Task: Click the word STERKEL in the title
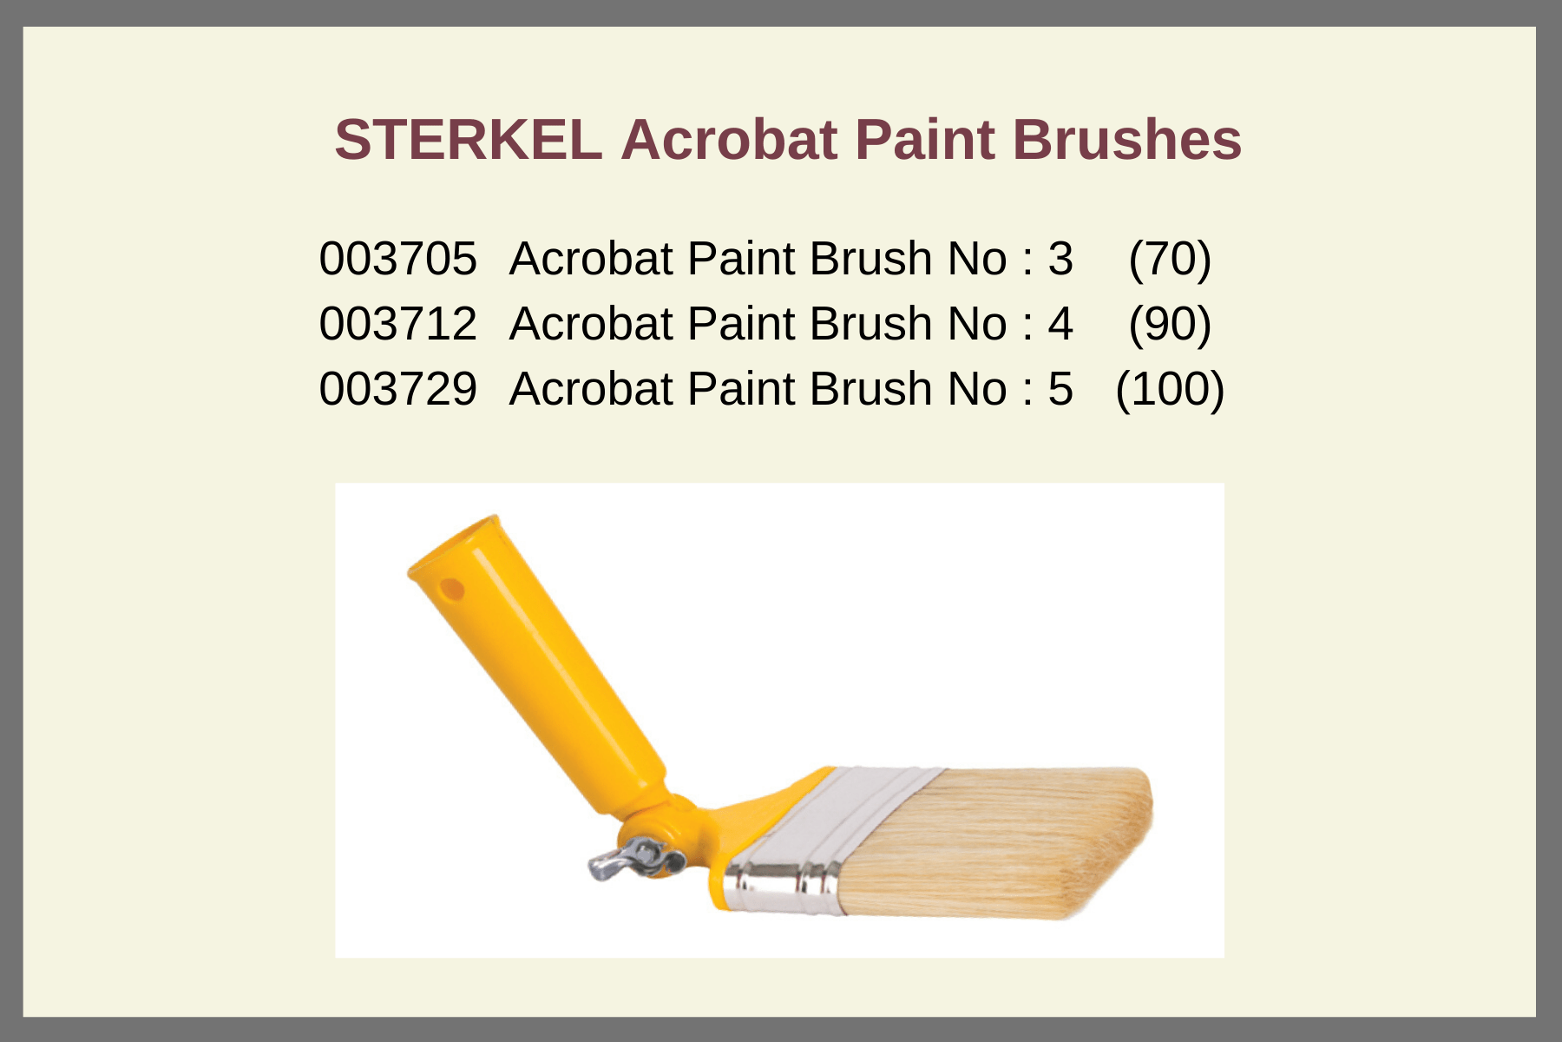pos(469,140)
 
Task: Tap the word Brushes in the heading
pos(1126,140)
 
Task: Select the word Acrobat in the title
pos(729,140)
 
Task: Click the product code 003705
pos(397,259)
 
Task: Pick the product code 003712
pos(397,324)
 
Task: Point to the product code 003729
pos(397,389)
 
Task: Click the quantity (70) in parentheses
pos(1170,259)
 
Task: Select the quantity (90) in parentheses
pos(1170,324)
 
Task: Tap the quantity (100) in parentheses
pos(1170,389)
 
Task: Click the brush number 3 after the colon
pos(1060,259)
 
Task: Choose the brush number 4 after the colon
pos(1060,324)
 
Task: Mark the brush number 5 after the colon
pos(1060,389)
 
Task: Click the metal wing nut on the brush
pos(633,858)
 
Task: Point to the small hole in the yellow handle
pos(452,590)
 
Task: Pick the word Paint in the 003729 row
pos(742,389)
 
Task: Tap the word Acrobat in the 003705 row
pos(591,259)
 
